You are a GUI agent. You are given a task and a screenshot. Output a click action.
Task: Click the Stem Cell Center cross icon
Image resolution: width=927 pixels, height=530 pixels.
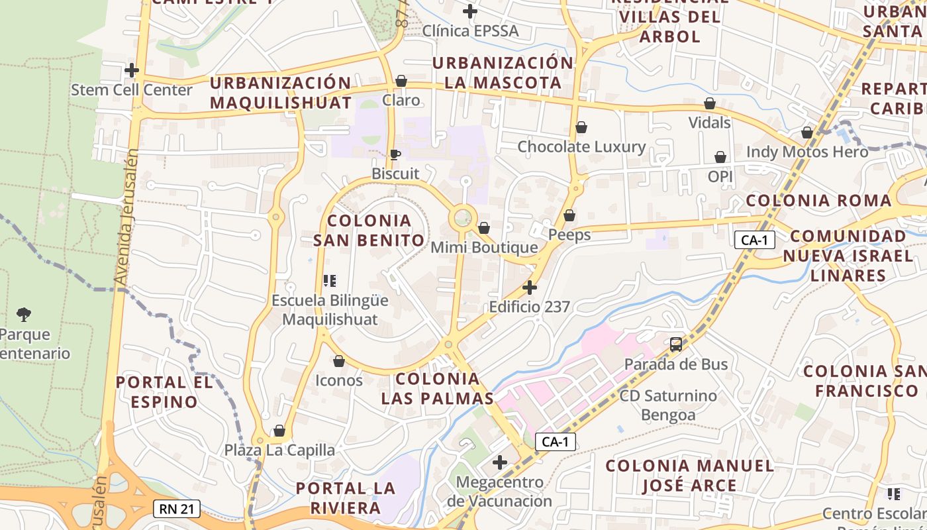pyautogui.click(x=132, y=70)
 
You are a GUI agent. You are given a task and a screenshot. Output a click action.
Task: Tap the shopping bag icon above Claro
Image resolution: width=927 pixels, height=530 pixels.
pyautogui.click(x=401, y=81)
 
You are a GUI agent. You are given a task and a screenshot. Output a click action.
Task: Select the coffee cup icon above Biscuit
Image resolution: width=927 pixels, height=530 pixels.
pyautogui.click(x=395, y=154)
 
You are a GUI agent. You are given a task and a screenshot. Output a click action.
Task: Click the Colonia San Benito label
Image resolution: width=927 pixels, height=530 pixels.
pyautogui.click(x=369, y=230)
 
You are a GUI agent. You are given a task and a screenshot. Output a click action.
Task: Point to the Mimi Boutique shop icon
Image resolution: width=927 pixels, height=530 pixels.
pyautogui.click(x=484, y=228)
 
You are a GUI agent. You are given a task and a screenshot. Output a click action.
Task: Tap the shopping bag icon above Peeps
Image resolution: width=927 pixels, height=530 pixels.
pyautogui.click(x=569, y=215)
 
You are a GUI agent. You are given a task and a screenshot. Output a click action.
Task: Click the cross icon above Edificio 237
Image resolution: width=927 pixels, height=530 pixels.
pyautogui.click(x=530, y=288)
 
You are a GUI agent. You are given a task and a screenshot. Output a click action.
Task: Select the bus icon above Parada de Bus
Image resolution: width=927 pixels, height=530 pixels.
pyautogui.click(x=676, y=344)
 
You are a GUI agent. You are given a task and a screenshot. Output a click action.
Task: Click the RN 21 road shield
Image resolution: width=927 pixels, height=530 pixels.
pyautogui.click(x=177, y=509)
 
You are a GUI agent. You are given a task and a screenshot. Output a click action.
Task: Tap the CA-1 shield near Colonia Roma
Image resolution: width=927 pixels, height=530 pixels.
pyautogui.click(x=754, y=240)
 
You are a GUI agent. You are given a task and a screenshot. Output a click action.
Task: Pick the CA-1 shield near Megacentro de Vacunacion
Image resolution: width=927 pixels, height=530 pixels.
pyautogui.click(x=555, y=442)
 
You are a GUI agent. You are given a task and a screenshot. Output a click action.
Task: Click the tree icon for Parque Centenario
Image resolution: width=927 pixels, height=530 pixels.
pyautogui.click(x=24, y=313)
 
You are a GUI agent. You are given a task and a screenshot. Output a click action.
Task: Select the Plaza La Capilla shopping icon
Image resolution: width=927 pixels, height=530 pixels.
pyautogui.click(x=279, y=431)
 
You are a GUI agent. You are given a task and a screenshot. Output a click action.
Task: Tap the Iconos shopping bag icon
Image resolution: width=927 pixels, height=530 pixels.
pyautogui.click(x=339, y=361)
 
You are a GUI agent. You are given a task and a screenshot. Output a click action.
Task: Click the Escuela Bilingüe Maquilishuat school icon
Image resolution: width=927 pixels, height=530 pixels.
pyautogui.click(x=330, y=281)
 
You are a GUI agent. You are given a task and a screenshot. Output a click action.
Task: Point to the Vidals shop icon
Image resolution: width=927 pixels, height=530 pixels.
pyautogui.click(x=710, y=103)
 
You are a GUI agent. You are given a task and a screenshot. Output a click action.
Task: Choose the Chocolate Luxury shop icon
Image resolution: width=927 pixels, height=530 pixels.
pyautogui.click(x=581, y=127)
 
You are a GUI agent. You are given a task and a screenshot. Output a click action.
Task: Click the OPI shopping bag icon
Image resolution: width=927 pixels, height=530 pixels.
pyautogui.click(x=720, y=157)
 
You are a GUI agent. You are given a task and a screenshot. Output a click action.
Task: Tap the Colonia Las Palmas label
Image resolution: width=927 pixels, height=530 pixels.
pyautogui.click(x=437, y=388)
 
